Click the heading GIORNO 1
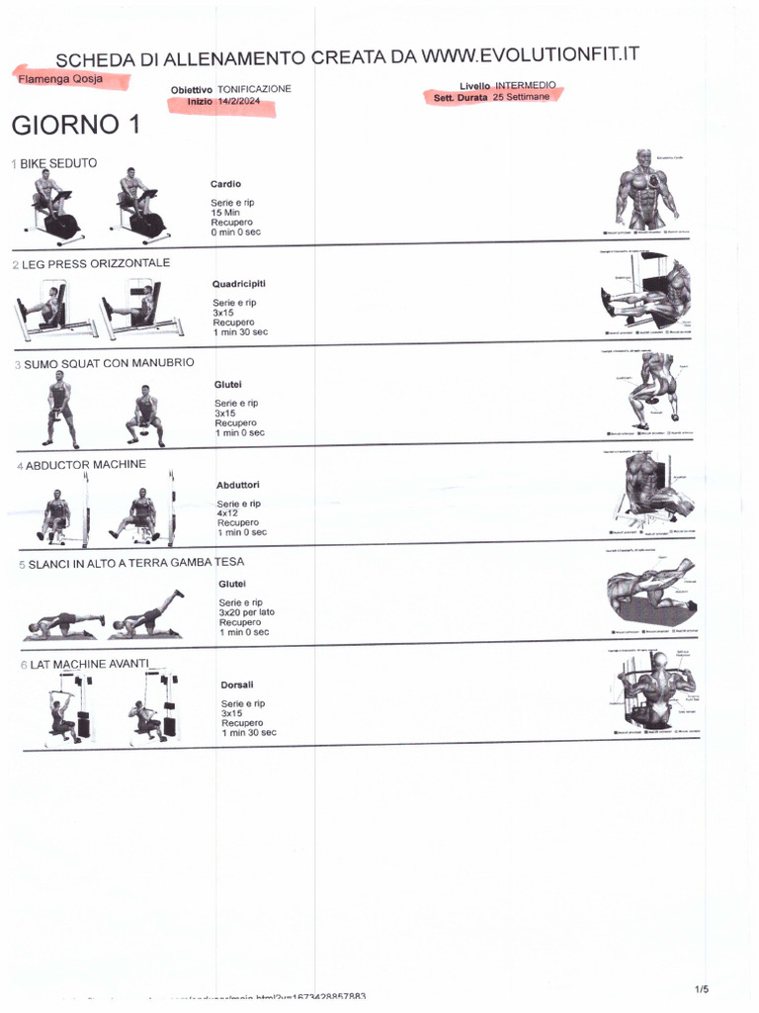[75, 127]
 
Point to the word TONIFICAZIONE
[254, 88]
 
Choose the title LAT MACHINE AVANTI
[89, 664]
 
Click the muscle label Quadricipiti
[239, 284]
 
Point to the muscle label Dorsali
[237, 684]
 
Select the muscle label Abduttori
[238, 485]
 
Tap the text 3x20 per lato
[247, 612]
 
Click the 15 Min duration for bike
[225, 213]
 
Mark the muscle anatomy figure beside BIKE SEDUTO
[646, 190]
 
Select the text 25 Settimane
[521, 98]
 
